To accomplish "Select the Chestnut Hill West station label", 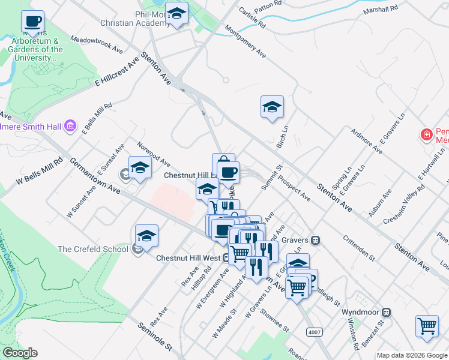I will click(x=188, y=258).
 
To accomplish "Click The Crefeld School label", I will click(x=93, y=249).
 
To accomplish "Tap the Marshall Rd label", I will click(x=381, y=10).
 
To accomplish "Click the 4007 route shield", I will click(x=313, y=331).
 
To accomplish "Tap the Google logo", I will click(x=20, y=353).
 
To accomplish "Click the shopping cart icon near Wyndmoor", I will click(x=427, y=326).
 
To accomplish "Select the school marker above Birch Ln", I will click(x=272, y=107).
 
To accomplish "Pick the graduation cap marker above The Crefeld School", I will click(x=146, y=236).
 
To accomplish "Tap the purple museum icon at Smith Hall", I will click(x=71, y=126).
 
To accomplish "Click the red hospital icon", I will click(x=427, y=135).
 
